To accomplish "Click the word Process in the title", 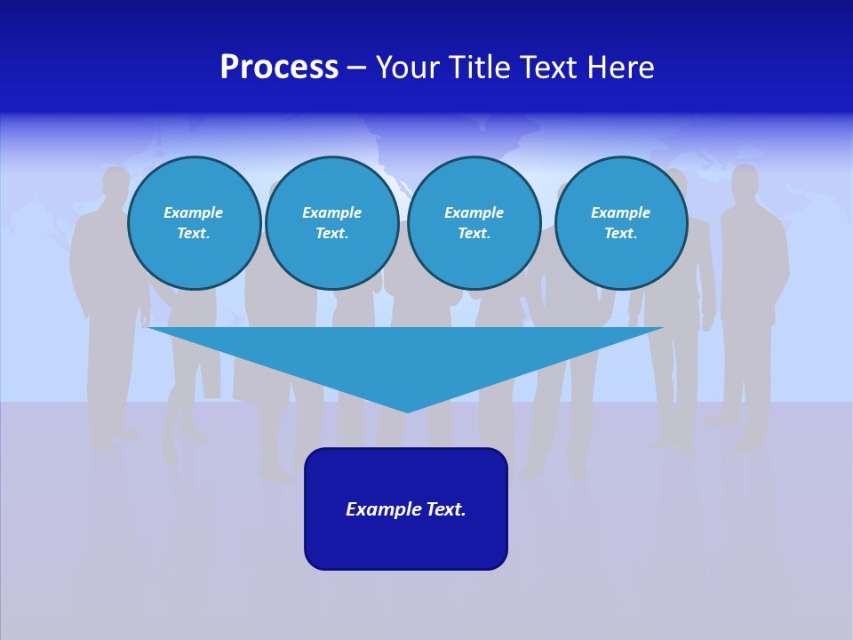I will [x=279, y=68].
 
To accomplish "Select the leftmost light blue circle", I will [x=195, y=223].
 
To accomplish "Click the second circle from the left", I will [x=332, y=223].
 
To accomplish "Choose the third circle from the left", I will [x=474, y=223].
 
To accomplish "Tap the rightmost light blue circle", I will [x=621, y=223].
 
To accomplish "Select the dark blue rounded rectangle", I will [x=406, y=508].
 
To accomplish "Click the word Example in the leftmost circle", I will [x=194, y=212].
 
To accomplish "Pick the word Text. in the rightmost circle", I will [x=621, y=234].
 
